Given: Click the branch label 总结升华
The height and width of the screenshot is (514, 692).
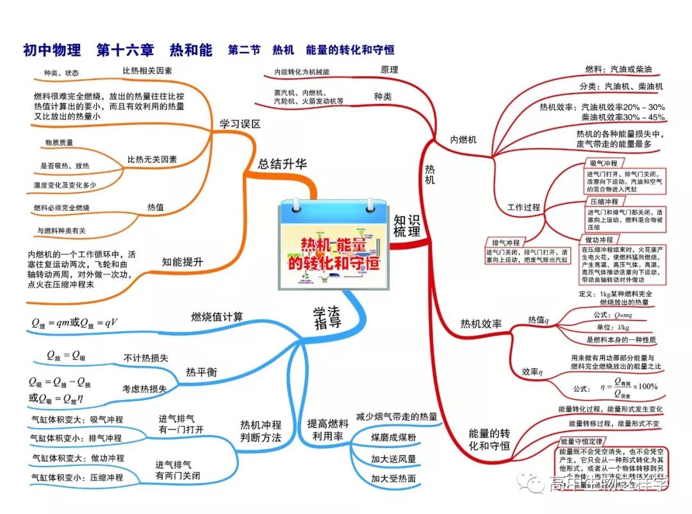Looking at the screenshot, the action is tap(283, 164).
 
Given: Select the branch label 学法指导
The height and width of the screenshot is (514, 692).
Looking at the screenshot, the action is tap(327, 317).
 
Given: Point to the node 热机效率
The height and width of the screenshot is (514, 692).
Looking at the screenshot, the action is tap(481, 324).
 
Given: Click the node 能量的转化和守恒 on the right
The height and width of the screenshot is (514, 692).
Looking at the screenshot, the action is tap(489, 440).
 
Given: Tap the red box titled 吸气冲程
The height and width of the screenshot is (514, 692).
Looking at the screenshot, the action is tap(603, 163).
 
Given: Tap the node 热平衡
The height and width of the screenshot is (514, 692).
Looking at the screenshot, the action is tap(201, 372).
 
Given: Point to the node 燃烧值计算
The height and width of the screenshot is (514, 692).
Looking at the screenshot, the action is tap(217, 316).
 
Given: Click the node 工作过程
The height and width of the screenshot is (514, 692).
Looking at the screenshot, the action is tap(523, 208).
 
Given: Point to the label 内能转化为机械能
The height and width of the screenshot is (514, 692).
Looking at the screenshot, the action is tap(306, 72).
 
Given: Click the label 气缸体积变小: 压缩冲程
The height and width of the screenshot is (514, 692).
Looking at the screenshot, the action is tap(78, 477).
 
